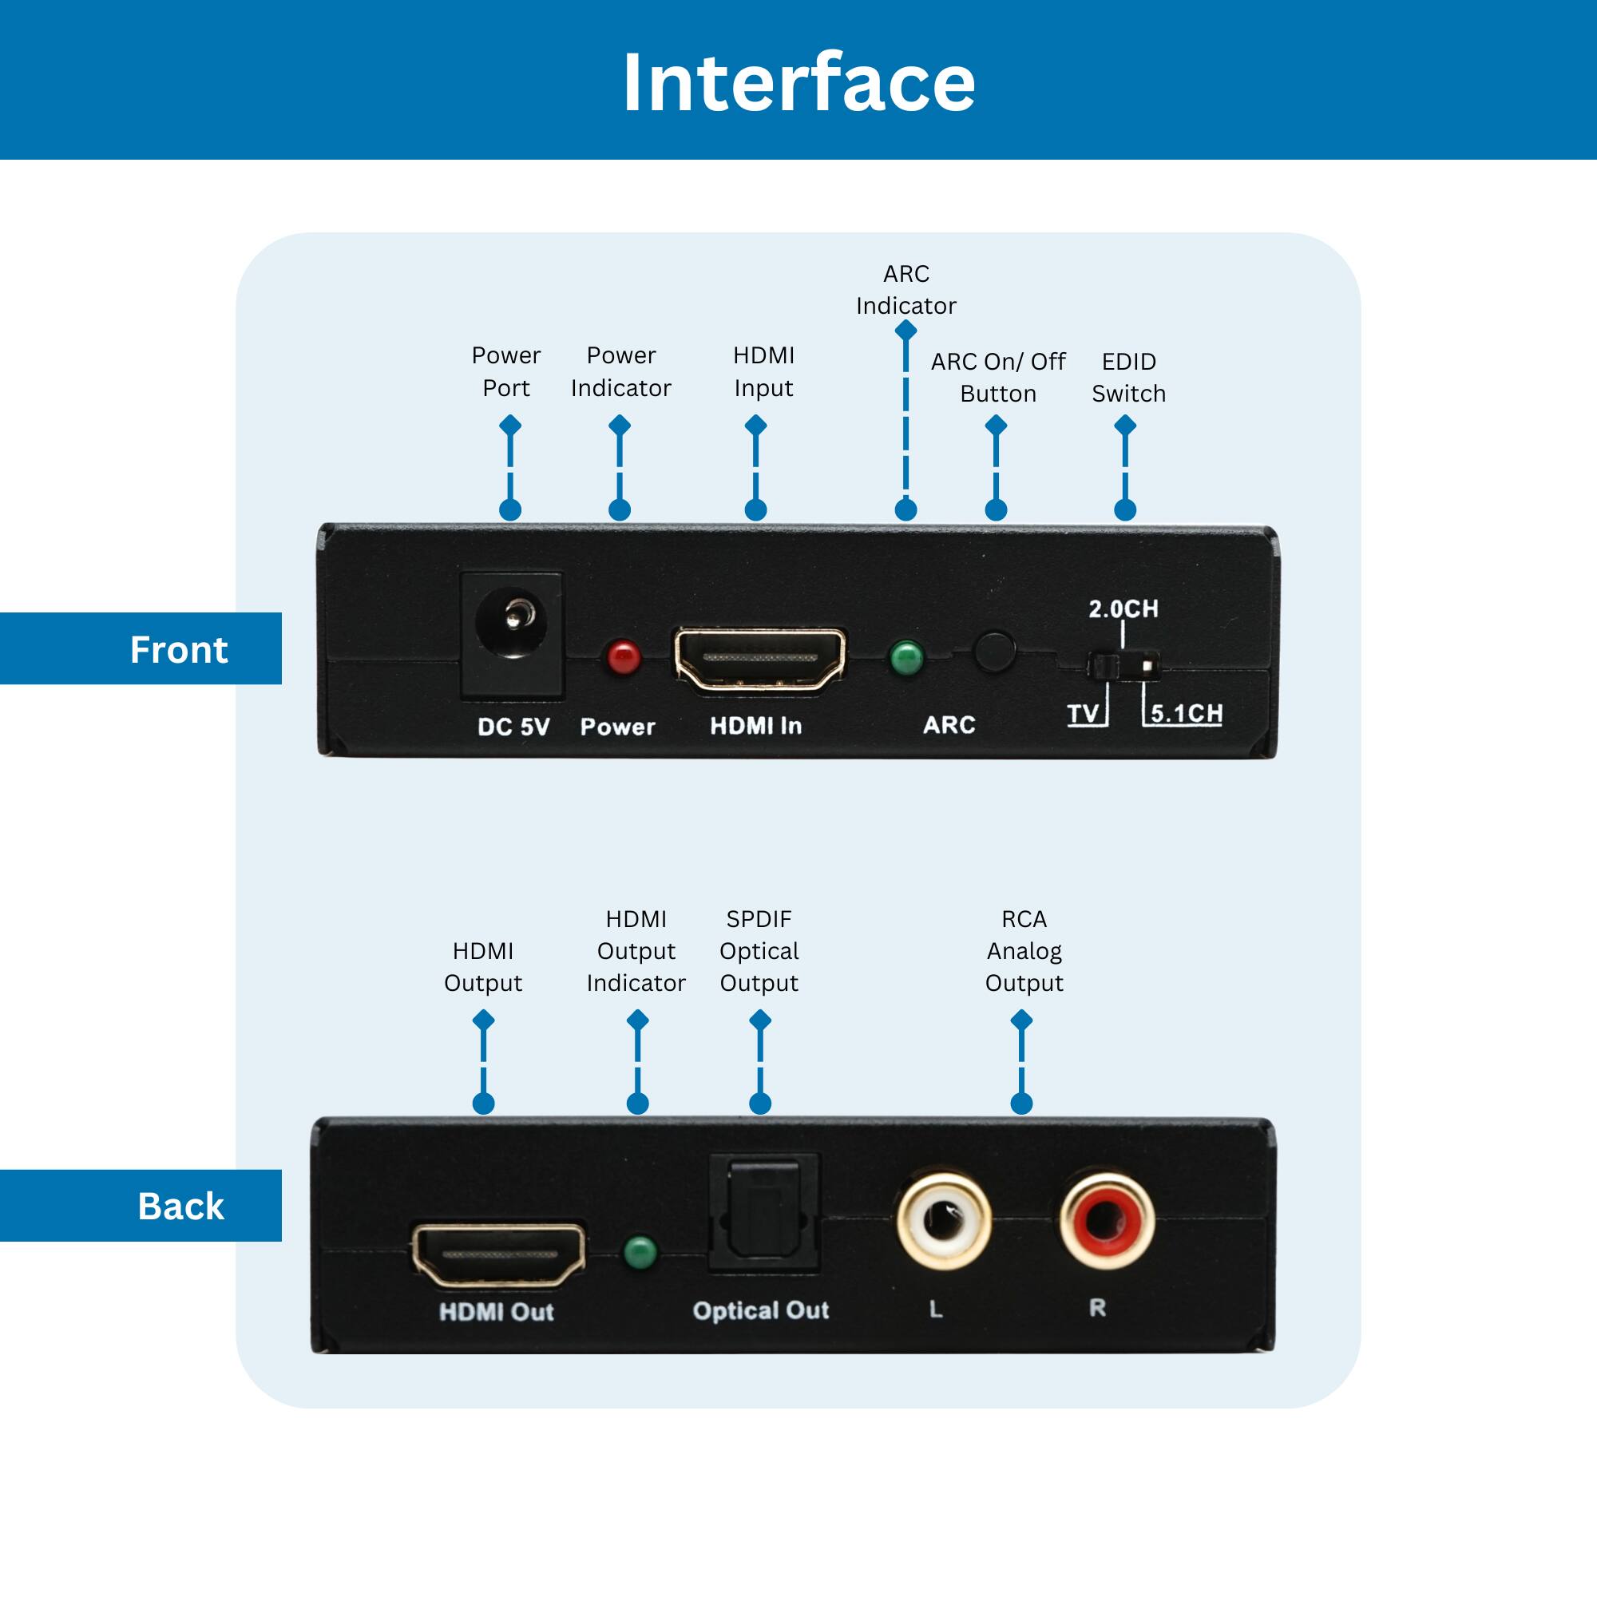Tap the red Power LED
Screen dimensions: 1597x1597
(624, 658)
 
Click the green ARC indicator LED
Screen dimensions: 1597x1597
(906, 658)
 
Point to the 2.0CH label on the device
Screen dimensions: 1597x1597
(1123, 609)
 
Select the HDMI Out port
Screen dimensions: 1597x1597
(498, 1255)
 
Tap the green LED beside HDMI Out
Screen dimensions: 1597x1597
(640, 1253)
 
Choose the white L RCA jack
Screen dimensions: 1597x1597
(944, 1220)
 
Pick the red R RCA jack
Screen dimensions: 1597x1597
(1107, 1220)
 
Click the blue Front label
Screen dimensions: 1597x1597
(178, 650)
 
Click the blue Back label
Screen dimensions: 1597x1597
(180, 1206)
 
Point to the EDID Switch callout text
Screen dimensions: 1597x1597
(1128, 377)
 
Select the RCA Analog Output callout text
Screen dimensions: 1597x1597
(1024, 950)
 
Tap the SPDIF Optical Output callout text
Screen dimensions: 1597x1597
(759, 950)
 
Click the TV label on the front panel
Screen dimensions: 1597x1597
(1083, 713)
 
